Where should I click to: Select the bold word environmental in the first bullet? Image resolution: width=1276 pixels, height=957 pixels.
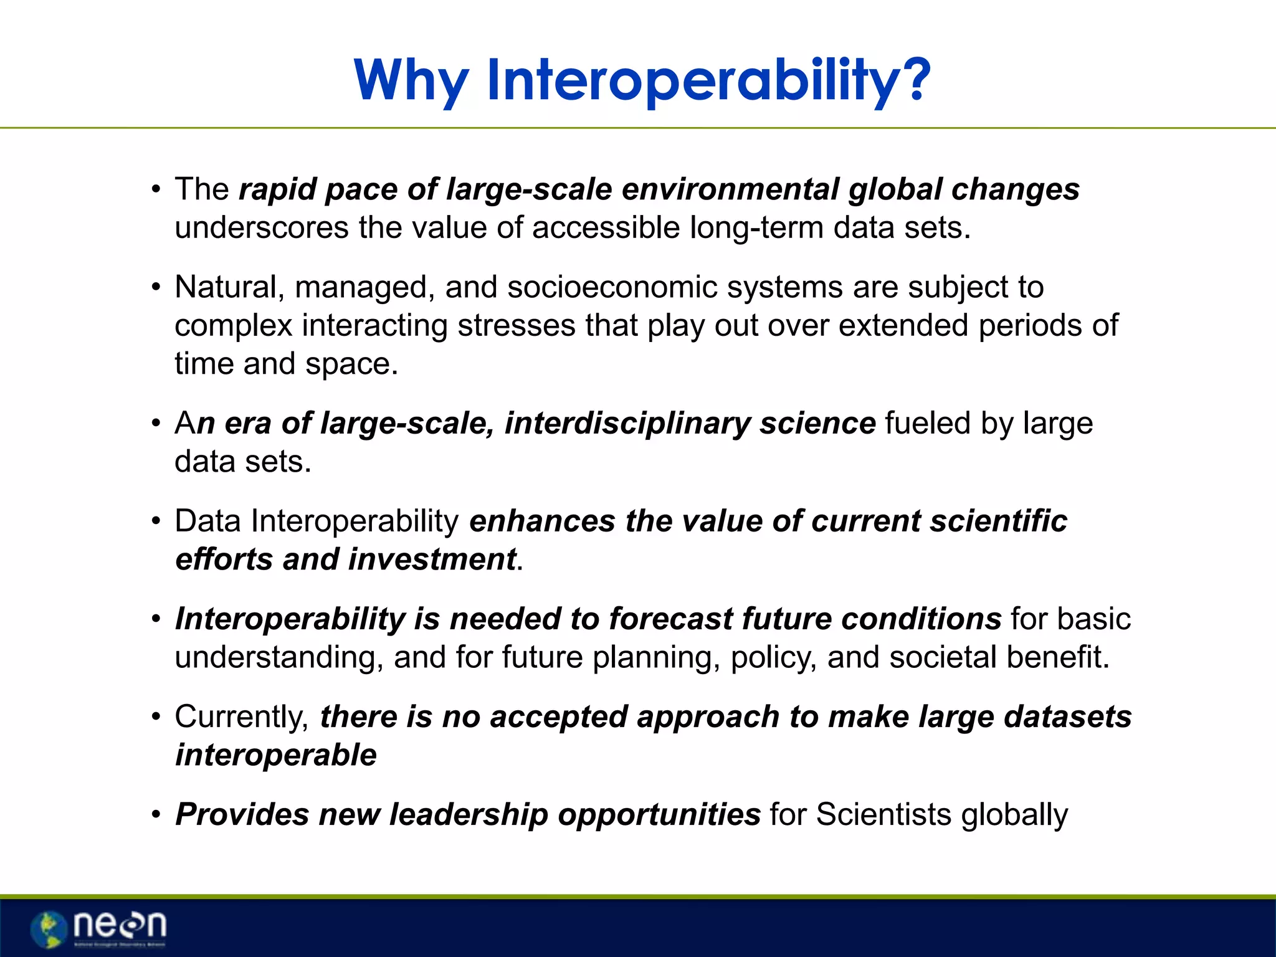pyautogui.click(x=730, y=189)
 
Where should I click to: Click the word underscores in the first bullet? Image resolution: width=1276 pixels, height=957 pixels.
pyautogui.click(x=261, y=227)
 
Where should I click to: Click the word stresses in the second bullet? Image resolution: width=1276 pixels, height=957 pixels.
pyautogui.click(x=517, y=326)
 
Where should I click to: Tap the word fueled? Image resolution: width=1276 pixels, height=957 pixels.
pyautogui.click(x=927, y=424)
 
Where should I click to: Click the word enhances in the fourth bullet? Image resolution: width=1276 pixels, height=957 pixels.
pyautogui.click(x=542, y=521)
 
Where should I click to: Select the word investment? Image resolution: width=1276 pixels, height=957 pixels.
pyautogui.click(x=432, y=559)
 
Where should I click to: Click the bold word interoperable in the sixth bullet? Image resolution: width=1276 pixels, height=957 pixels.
pyautogui.click(x=276, y=755)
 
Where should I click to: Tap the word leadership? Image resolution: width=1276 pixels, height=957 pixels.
pyautogui.click(x=469, y=815)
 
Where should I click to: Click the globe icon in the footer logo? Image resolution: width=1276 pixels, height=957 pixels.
pyautogui.click(x=49, y=928)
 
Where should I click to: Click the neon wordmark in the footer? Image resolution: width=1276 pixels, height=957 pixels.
pyautogui.click(x=120, y=925)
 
